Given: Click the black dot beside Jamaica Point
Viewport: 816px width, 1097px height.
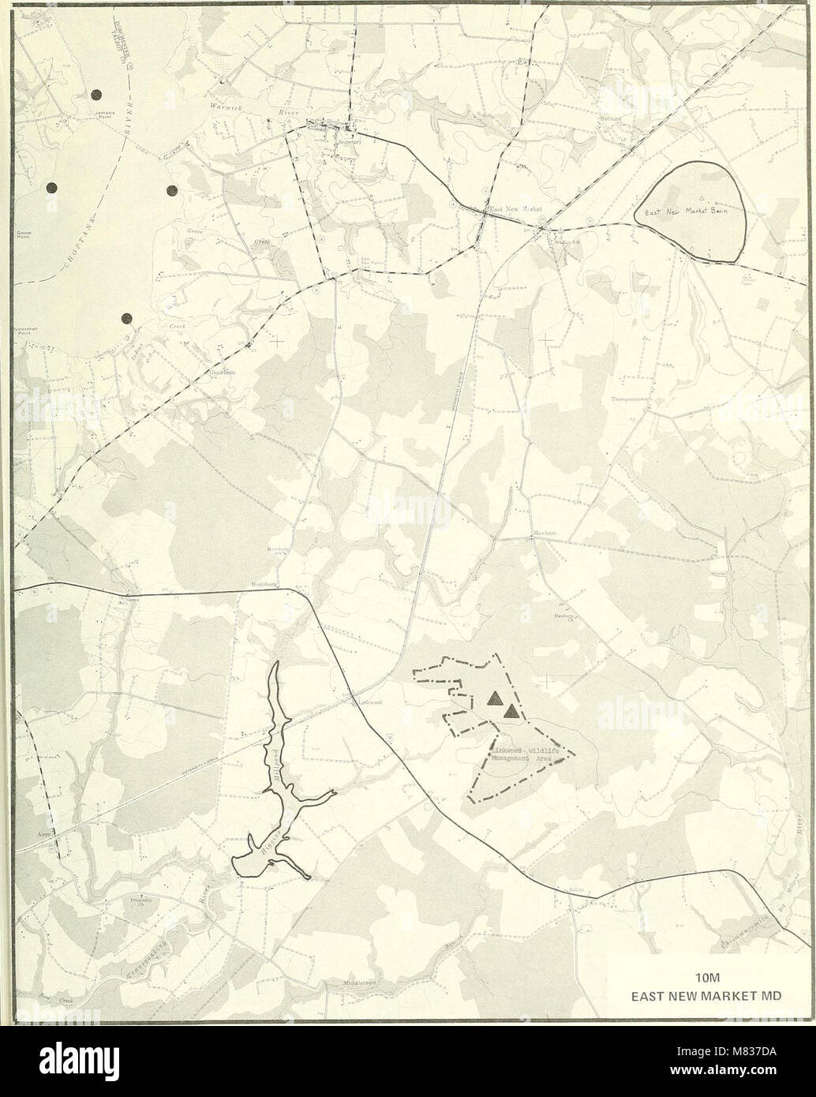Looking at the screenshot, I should click(96, 94).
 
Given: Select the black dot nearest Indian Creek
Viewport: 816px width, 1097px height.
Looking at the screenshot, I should click(126, 318).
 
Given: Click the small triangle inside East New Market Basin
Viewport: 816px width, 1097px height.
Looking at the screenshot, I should click(701, 194).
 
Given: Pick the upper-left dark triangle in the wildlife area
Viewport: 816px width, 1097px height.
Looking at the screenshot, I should click(495, 698).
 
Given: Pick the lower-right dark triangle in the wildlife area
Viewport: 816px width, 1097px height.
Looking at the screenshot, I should click(512, 713).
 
